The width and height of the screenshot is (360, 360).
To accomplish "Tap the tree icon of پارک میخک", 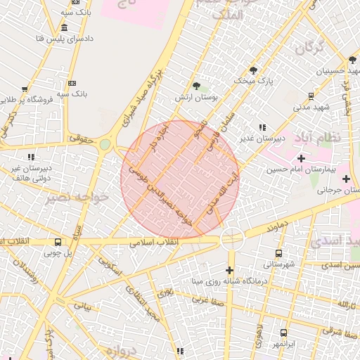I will point(253,70).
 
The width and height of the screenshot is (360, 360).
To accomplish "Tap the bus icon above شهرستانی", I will point(279,253).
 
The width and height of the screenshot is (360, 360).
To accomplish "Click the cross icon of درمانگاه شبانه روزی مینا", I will point(229,270).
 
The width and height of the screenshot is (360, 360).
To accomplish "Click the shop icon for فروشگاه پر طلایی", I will point(25,90).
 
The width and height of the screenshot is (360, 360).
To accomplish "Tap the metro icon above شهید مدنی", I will point(310,96).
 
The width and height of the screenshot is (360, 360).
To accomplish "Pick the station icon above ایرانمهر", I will point(283,333).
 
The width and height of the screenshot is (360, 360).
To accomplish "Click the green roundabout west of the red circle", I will point(105,145).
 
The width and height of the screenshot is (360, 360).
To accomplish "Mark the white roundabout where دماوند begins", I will point(231,239).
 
